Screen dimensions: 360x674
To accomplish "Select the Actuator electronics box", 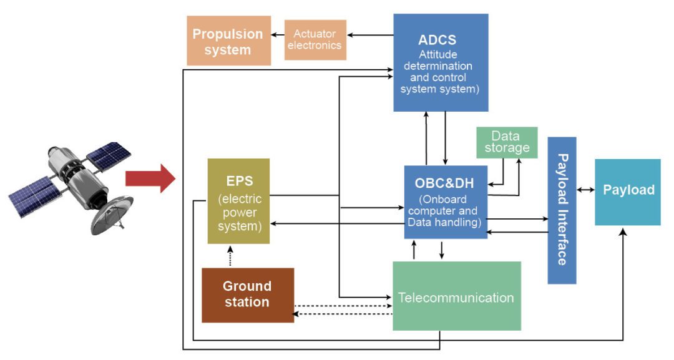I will pos(315,40).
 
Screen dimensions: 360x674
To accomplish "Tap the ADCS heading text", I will pos(437,41).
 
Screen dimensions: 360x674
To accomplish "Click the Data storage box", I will pos(506,142).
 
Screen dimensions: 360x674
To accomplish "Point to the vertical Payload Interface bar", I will pos(562,210).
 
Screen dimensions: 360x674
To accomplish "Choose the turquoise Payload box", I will pos(628,191).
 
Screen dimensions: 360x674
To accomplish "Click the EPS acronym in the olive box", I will pos(238,180).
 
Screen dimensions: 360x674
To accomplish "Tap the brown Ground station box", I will pos(247,294).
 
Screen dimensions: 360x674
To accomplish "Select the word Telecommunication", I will pos(456,297).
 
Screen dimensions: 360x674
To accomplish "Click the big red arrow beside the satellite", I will pos(150,178).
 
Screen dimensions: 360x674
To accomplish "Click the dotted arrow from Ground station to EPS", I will pos(230,256).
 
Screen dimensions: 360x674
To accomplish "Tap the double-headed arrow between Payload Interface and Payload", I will pos(585,190).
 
